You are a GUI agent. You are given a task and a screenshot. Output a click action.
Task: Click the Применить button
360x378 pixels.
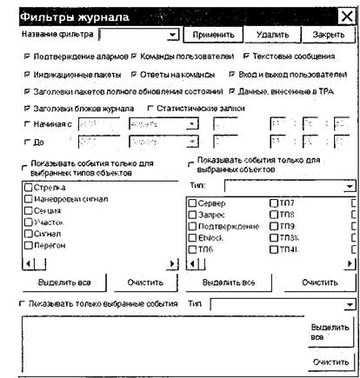[210, 35]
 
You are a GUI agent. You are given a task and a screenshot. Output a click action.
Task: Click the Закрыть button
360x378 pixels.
[328, 35]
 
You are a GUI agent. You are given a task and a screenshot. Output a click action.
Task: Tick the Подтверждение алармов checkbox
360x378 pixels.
[27, 56]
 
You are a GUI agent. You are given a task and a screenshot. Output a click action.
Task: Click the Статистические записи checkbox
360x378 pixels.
[150, 109]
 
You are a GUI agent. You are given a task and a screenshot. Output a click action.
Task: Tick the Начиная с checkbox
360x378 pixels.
[27, 125]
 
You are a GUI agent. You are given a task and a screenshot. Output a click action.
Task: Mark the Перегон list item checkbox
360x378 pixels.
[30, 246]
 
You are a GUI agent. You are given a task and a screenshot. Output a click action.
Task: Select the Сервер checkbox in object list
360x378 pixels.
[192, 202]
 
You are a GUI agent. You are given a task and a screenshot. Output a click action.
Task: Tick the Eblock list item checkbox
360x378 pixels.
[192, 237]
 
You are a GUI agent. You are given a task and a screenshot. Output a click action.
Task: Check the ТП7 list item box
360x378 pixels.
[275, 202]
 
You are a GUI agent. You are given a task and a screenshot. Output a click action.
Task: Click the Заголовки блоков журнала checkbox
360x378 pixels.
[27, 109]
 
